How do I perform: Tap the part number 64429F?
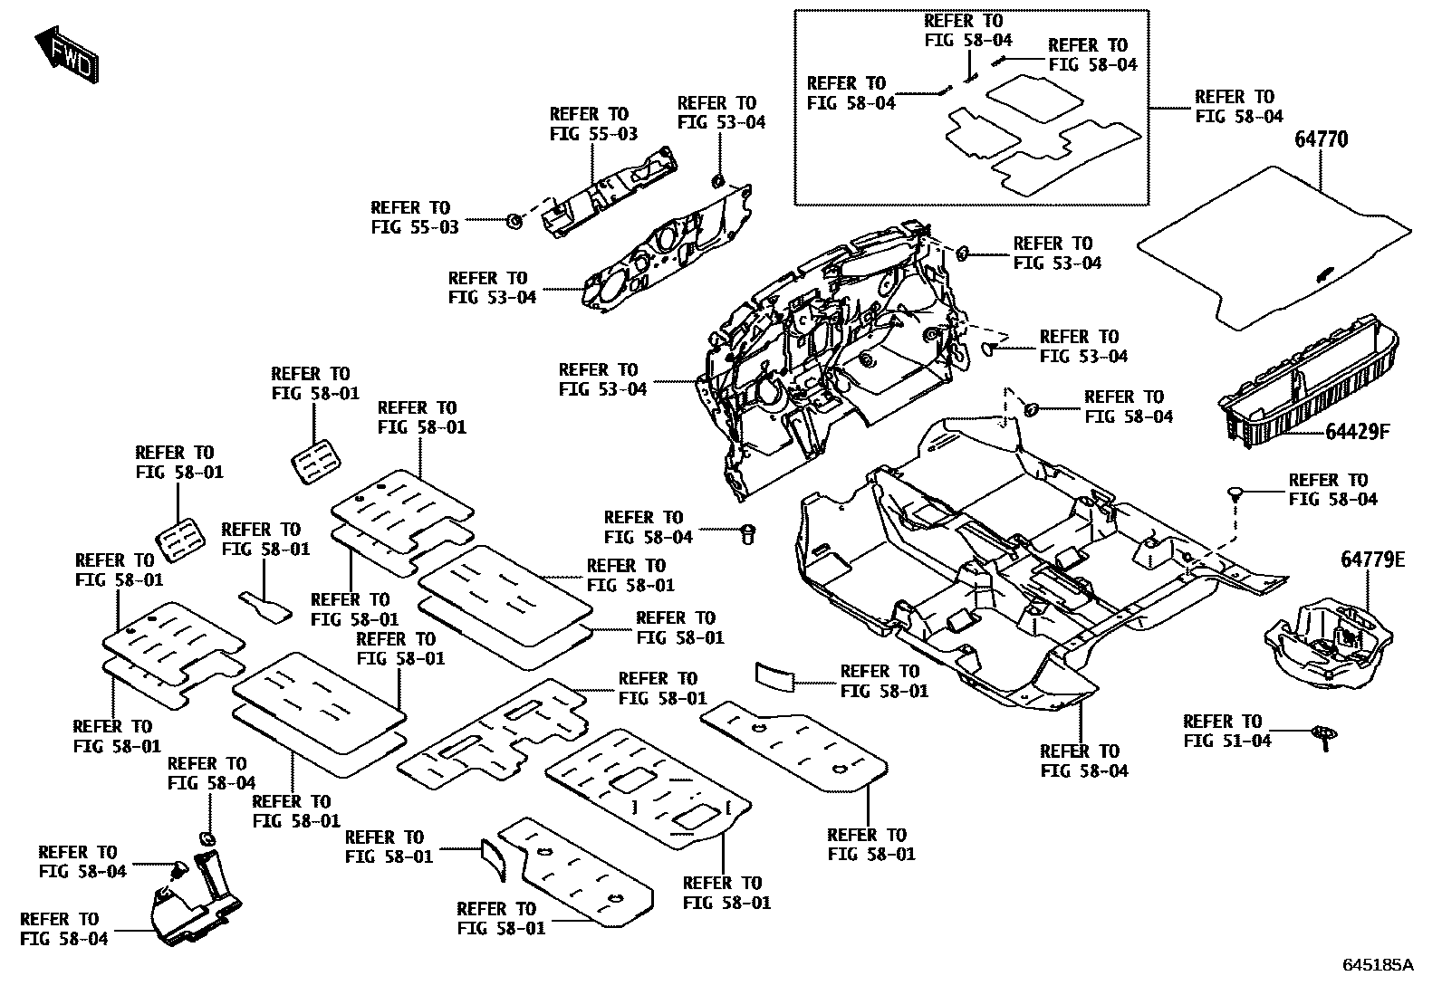(1356, 432)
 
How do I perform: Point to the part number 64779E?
(1372, 560)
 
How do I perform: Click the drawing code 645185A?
(1377, 964)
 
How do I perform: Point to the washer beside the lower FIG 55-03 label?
(513, 220)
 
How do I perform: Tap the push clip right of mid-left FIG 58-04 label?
(748, 533)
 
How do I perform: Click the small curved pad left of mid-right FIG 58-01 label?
(774, 674)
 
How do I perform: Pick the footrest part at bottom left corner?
(195, 901)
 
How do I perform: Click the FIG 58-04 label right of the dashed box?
(1238, 106)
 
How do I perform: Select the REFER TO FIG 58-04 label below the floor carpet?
(1084, 761)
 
